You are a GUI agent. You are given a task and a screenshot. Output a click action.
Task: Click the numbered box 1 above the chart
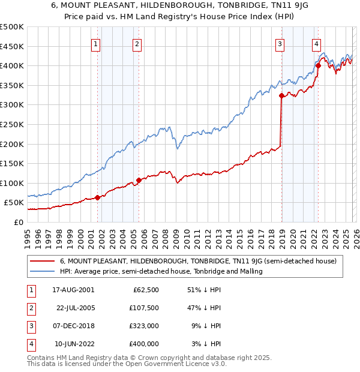[x=97, y=43]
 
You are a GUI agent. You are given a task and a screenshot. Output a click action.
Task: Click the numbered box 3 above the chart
[x=280, y=43]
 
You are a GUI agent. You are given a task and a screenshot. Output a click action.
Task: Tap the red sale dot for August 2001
[x=97, y=197]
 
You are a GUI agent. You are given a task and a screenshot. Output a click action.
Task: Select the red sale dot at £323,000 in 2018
[x=281, y=95]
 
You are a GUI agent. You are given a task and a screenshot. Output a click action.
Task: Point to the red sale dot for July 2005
[x=139, y=180]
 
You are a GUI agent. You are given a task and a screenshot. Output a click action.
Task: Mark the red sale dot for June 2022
[x=318, y=65]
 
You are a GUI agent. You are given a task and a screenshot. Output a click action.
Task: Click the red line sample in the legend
[x=42, y=261]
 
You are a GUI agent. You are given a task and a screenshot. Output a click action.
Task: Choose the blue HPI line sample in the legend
[x=42, y=271]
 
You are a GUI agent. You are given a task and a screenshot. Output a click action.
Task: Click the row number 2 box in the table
[x=30, y=308]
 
